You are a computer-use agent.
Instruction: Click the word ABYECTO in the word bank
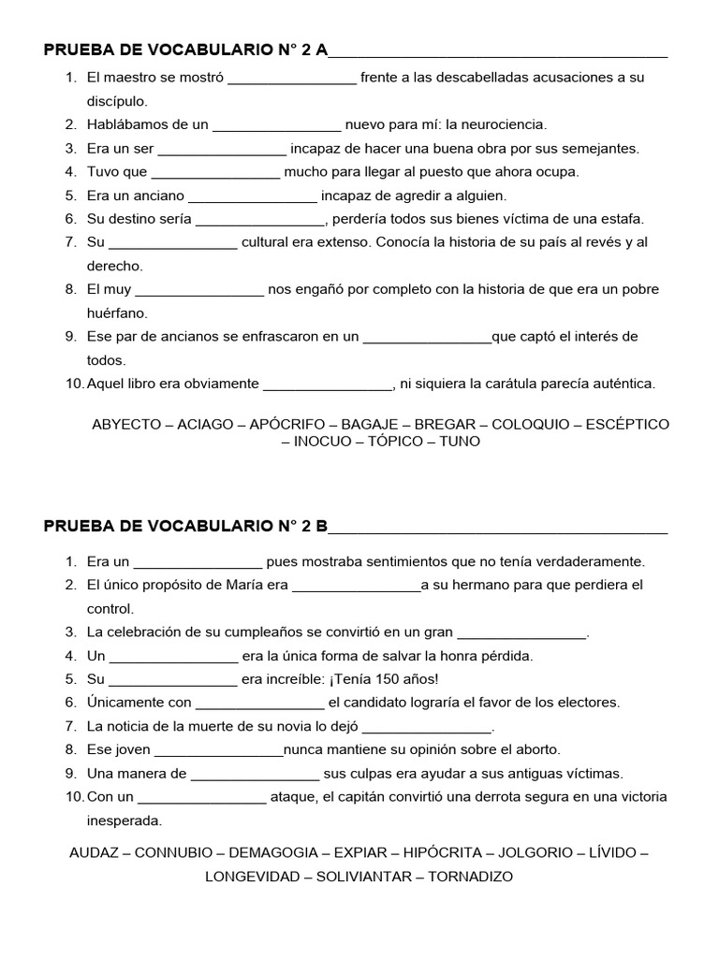[126, 424]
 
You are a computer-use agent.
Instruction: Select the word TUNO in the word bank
[460, 441]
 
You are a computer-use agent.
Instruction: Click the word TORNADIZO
[471, 877]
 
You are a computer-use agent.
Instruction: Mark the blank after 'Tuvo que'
[215, 172]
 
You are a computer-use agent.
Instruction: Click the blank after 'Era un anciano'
[254, 196]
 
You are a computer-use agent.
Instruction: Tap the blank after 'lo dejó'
[426, 727]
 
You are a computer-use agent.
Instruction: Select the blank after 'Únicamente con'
[259, 703]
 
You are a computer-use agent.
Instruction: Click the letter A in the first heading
[321, 50]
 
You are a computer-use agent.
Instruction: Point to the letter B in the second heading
[322, 525]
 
